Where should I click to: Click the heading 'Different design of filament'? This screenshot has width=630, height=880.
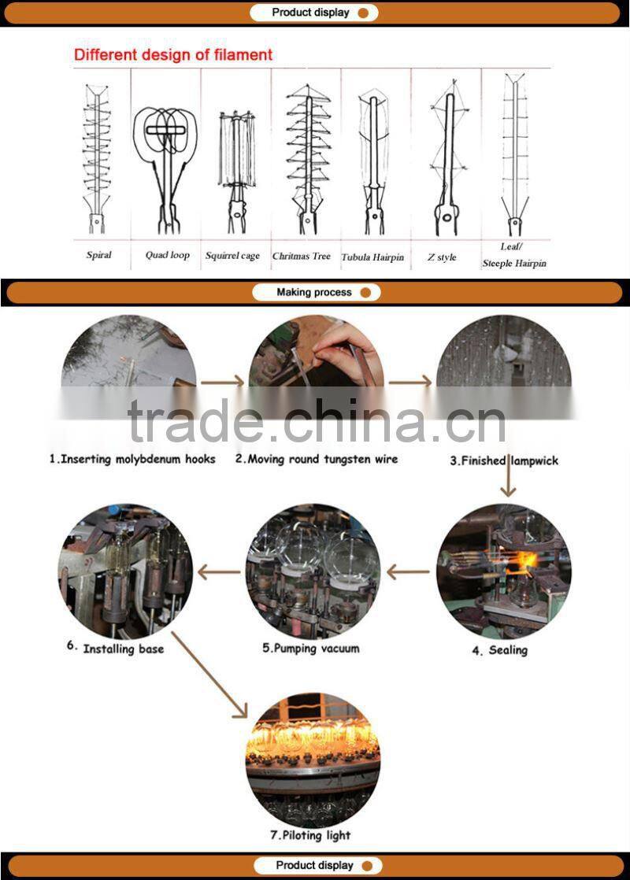[x=173, y=55]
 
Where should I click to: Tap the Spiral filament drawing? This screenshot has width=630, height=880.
[x=98, y=157]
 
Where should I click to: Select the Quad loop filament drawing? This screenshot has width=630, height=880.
[x=165, y=157]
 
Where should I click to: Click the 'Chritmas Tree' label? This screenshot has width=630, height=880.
[x=302, y=256]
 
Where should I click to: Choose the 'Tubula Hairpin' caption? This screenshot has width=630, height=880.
[x=372, y=257]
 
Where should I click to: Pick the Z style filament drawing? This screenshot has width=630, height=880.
[x=446, y=157]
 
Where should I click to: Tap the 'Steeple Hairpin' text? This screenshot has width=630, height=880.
[x=514, y=264]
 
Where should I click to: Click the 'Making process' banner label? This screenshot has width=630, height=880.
[x=314, y=292]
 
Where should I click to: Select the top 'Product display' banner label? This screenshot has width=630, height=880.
[x=310, y=13]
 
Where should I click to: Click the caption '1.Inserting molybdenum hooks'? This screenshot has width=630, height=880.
[x=132, y=459]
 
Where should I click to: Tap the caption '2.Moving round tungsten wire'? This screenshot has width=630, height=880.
[x=317, y=459]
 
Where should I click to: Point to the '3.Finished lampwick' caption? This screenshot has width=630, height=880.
[x=504, y=460]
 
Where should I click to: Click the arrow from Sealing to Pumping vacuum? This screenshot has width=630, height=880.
[x=408, y=572]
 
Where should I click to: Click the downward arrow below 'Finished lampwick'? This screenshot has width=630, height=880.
[x=508, y=482]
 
